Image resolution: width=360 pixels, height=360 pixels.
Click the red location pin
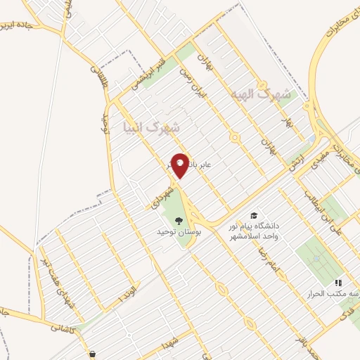point(180,165)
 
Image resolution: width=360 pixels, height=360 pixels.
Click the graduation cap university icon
point(253,215)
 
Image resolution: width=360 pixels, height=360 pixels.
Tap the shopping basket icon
point(93,354)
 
